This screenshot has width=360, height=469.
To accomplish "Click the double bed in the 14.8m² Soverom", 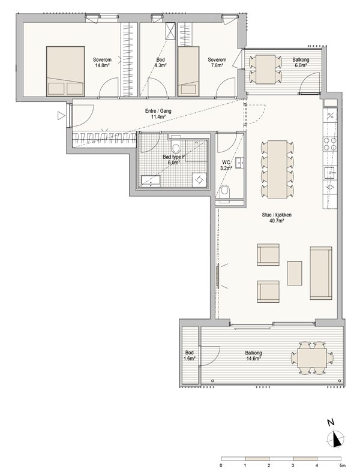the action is (x=65, y=71).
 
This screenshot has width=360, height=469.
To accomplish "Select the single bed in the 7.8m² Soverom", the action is (x=188, y=71).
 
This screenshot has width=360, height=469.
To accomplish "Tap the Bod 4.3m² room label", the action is (x=160, y=62).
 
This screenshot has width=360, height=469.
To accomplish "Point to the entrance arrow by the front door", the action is (x=61, y=116).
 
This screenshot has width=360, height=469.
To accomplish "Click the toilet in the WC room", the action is (x=224, y=191).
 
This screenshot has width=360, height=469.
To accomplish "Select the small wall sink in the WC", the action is (x=239, y=163).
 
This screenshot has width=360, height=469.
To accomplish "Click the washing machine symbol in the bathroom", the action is (x=199, y=180).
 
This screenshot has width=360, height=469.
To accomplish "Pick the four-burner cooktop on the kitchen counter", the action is (x=330, y=144).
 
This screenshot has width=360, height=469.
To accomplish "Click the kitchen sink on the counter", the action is (x=330, y=173).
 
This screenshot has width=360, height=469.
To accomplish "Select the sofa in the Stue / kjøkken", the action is (x=321, y=273).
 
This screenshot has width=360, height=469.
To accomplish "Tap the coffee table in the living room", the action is (x=295, y=273).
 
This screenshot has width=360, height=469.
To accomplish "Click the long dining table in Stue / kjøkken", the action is (x=277, y=169).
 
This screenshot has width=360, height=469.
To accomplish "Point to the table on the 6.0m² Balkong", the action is (x=266, y=69).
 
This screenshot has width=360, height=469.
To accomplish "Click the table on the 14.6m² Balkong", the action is (x=312, y=358).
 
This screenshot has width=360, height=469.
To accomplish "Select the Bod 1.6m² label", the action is (x=190, y=356).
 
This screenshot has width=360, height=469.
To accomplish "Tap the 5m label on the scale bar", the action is (x=343, y=465).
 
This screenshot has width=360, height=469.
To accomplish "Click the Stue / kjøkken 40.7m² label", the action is (x=277, y=218).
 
